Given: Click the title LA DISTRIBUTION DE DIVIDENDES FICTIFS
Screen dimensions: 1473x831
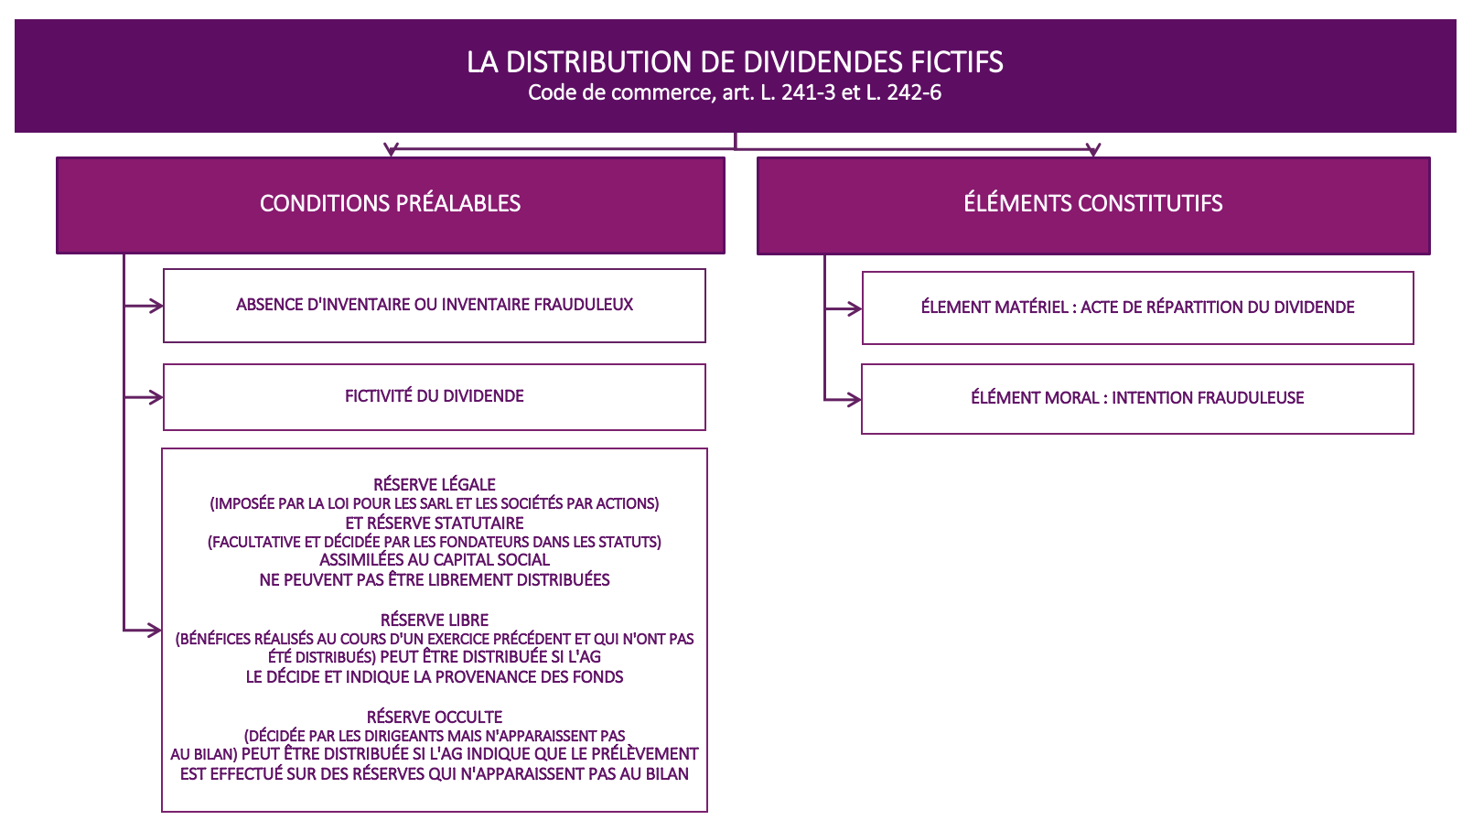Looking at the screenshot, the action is (x=735, y=62).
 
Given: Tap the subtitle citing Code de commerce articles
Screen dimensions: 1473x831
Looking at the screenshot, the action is (x=735, y=92).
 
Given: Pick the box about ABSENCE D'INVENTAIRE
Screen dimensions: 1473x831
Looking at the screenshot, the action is (x=435, y=306).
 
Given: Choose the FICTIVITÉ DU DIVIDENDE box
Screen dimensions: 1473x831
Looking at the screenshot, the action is (x=435, y=397).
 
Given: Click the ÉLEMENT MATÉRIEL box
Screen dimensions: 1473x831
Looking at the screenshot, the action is (x=1137, y=308).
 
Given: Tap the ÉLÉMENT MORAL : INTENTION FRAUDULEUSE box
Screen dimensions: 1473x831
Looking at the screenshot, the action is (x=1137, y=399).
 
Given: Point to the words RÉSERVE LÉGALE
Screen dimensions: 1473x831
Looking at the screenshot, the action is (x=435, y=485).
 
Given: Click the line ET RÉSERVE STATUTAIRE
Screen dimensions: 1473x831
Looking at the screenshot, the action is (x=435, y=523).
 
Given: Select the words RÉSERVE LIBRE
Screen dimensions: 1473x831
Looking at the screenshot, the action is (x=435, y=621).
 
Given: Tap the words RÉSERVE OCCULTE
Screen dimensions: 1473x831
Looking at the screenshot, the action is (x=435, y=718).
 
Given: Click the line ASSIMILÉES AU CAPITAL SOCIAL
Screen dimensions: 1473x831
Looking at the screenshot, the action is (x=435, y=560).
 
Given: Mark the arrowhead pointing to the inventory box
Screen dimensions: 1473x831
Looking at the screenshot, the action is (x=156, y=306).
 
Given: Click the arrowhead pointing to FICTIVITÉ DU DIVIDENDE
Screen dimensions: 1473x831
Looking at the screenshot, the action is (x=156, y=397).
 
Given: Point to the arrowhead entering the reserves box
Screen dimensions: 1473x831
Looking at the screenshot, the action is (x=155, y=631).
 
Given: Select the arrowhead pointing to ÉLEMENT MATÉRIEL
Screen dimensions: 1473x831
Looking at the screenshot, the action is (x=855, y=308).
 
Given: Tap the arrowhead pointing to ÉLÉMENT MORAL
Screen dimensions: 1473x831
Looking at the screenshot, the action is (x=855, y=399).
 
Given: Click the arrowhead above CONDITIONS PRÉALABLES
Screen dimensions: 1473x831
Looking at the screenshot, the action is (x=392, y=150).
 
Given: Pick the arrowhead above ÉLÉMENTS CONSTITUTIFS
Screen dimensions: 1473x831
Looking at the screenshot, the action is (x=1093, y=150).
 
